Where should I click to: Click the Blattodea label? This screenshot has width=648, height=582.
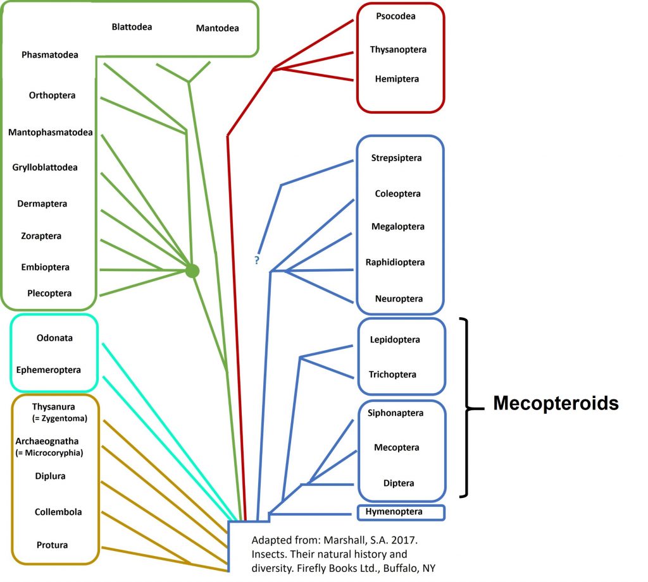(x=132, y=27)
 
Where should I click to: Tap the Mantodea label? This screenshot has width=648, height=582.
(x=217, y=28)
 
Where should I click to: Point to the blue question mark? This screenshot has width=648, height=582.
(x=257, y=260)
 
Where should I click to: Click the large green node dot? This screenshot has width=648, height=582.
(x=192, y=271)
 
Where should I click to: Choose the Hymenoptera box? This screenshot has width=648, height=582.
(x=402, y=512)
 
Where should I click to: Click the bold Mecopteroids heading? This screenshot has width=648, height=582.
(x=556, y=403)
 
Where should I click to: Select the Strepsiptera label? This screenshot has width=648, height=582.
(x=396, y=158)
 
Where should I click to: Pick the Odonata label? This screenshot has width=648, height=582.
(x=54, y=337)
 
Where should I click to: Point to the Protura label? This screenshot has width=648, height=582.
(x=53, y=545)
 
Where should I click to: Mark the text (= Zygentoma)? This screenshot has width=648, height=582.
(x=59, y=418)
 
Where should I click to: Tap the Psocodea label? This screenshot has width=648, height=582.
(x=396, y=16)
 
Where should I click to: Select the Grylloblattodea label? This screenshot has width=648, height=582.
(x=45, y=167)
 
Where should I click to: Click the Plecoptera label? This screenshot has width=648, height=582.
(x=49, y=293)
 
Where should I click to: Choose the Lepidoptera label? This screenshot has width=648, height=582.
(x=395, y=340)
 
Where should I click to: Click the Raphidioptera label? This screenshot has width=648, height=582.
(x=395, y=262)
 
